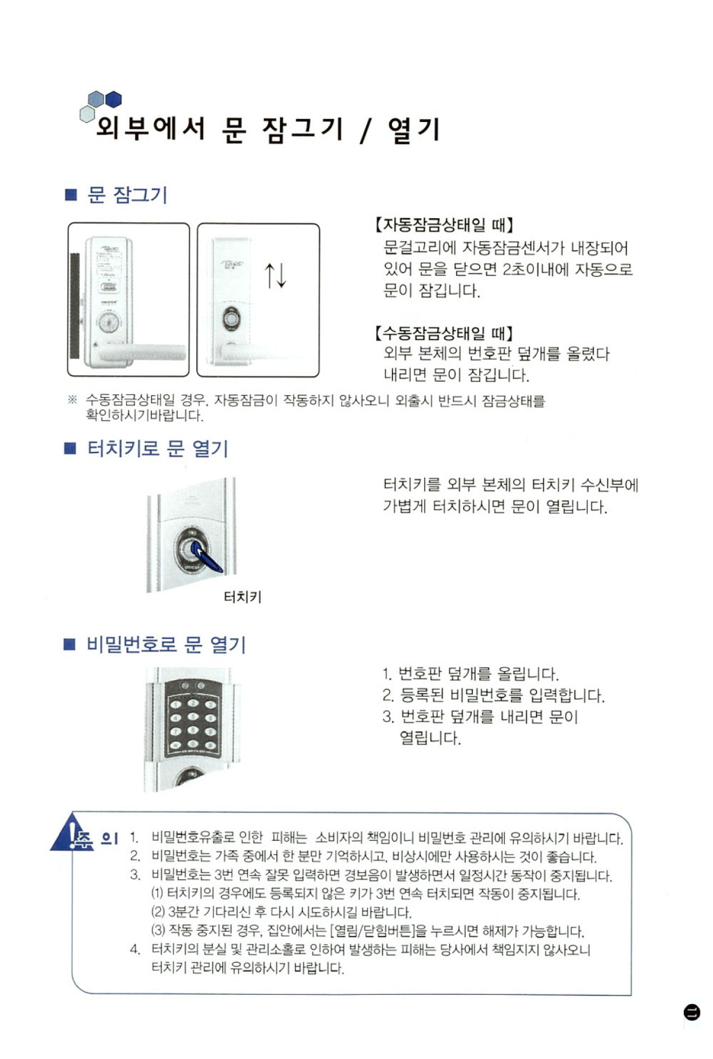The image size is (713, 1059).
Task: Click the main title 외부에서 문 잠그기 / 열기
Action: point(268,129)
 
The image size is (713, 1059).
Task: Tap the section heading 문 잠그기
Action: point(127,194)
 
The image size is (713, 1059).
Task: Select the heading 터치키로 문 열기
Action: point(158,448)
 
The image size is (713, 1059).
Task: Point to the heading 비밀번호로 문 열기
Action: point(166,644)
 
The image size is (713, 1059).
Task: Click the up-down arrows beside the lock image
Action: point(275,275)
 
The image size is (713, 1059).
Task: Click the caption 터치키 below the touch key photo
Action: point(242,596)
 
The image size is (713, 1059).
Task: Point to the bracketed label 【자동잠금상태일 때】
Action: point(444,224)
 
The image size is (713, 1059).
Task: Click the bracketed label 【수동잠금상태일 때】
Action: point(444,333)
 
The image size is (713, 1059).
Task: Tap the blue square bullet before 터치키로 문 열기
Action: point(70,448)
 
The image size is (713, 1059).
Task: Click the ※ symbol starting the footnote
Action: point(72,400)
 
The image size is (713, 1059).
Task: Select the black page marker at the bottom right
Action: point(691,1012)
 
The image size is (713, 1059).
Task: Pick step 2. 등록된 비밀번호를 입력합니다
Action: point(494,695)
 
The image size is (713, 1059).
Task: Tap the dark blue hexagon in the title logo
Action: point(113,99)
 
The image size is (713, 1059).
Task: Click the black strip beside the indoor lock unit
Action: point(75,306)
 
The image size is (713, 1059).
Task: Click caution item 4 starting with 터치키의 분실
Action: point(361,959)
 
